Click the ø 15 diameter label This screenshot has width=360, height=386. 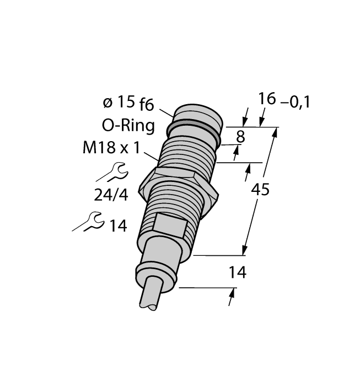point(118,102)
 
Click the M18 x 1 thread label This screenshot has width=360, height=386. point(110,148)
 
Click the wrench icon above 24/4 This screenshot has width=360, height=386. point(113,173)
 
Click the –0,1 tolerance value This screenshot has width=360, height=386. point(295,102)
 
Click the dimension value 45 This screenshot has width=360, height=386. point(260,190)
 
